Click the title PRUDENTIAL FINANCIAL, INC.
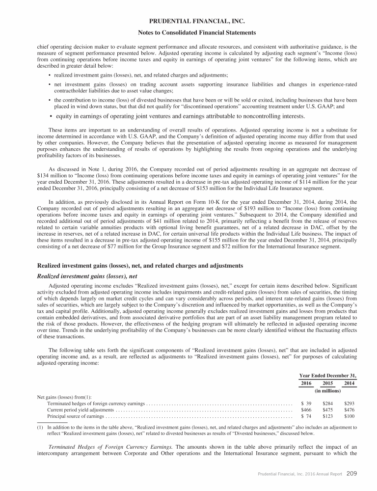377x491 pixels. coord(188,21)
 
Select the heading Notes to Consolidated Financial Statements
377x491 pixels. coord(188,33)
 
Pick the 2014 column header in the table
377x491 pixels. coord(350,383)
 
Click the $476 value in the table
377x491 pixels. coord(350,409)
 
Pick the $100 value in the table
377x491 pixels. coord(350,416)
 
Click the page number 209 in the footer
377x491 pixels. coord(351,474)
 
